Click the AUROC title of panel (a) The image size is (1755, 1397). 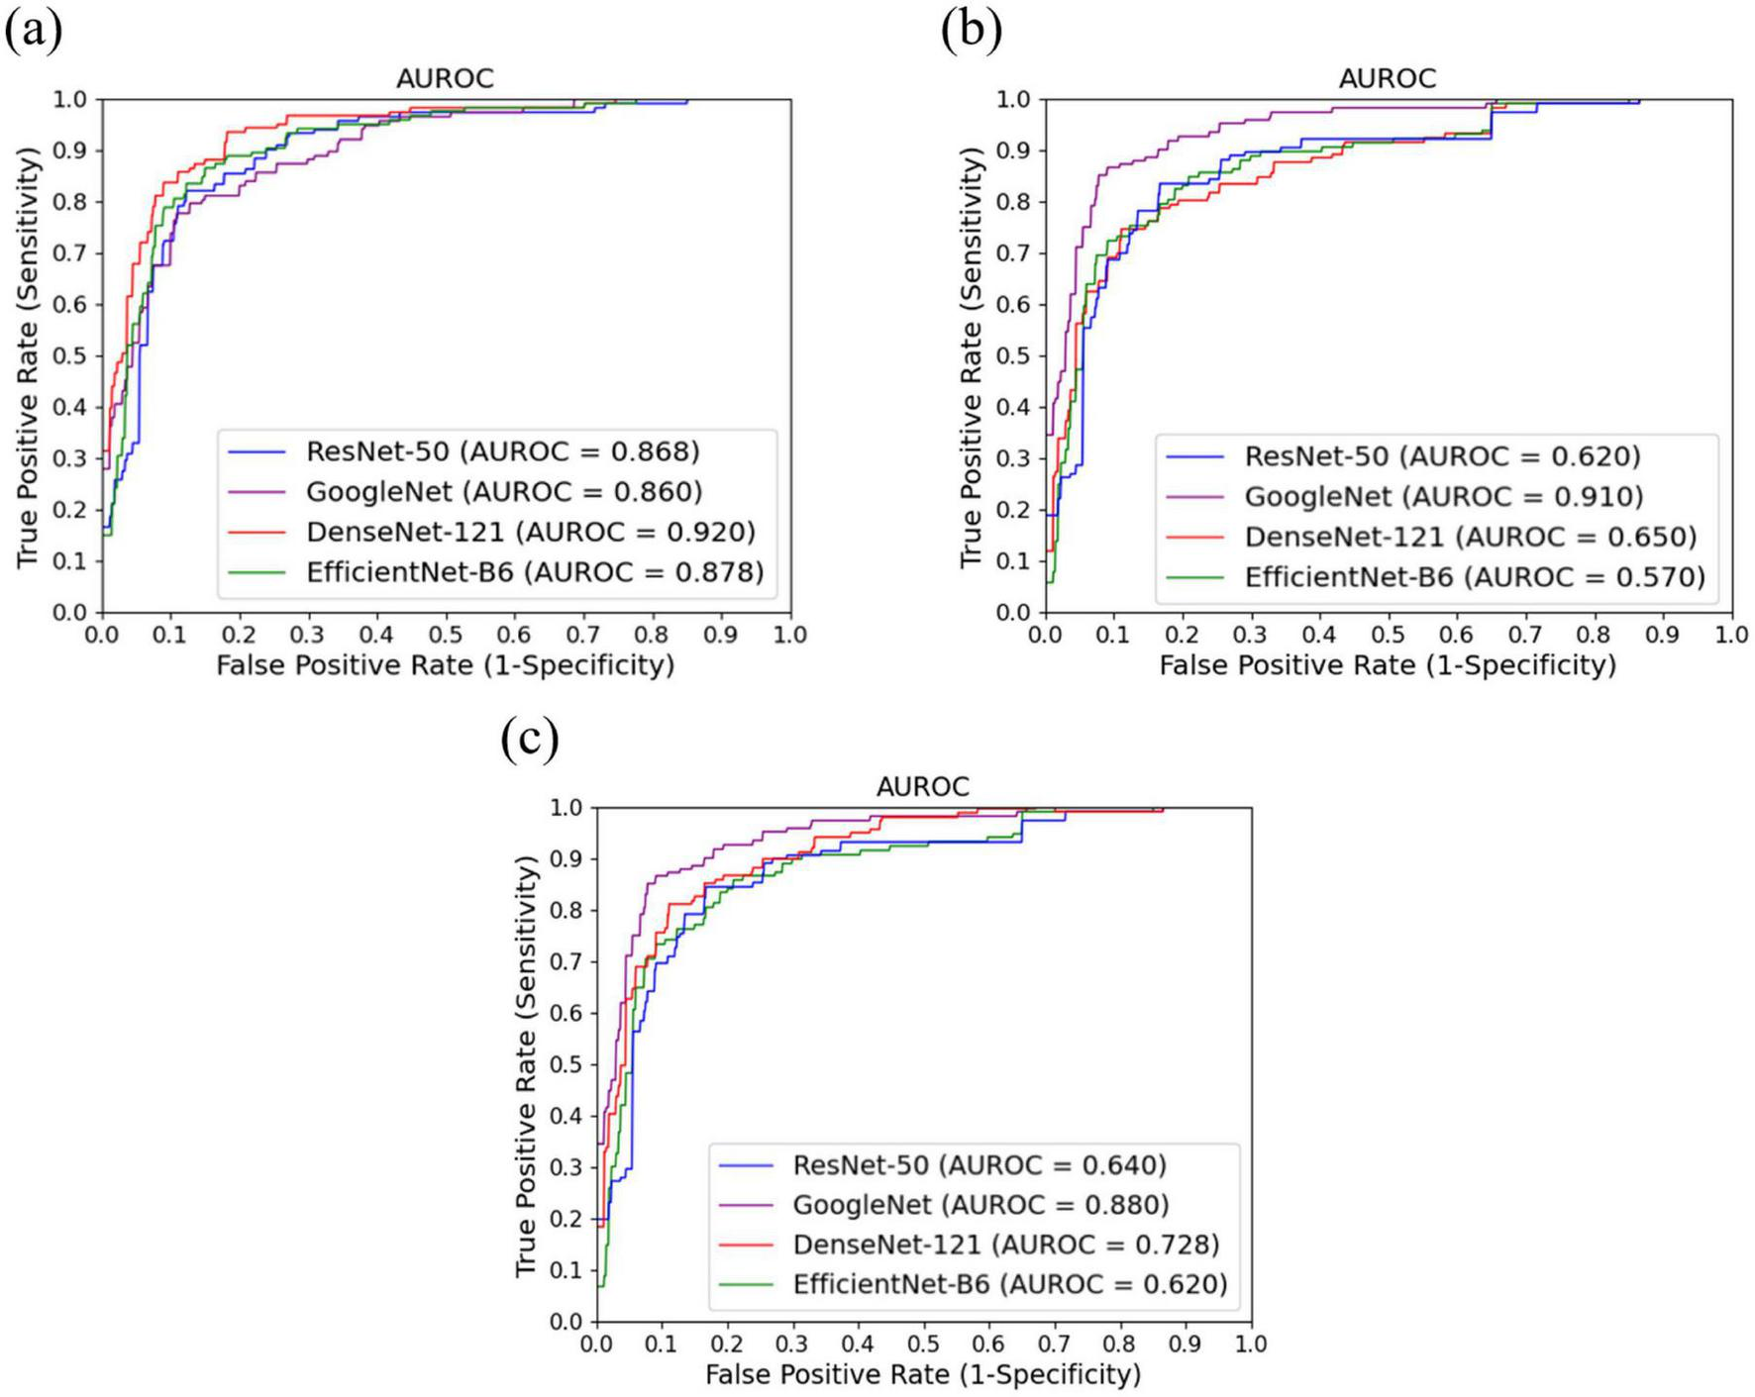click(445, 78)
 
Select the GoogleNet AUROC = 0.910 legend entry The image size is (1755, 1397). click(1443, 496)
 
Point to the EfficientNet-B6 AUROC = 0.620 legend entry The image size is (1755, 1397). click(1009, 1284)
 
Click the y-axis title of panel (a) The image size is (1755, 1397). click(29, 356)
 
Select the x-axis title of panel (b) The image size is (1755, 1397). click(1387, 665)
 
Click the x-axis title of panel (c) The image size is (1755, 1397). click(923, 1374)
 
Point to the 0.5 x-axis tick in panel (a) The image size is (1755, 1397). click(446, 635)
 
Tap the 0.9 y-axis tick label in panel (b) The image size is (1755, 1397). click(1012, 150)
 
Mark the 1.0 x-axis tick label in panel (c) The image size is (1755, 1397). click(1251, 1344)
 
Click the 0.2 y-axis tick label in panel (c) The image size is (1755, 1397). click(567, 1219)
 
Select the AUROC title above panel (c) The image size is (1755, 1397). click(923, 787)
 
